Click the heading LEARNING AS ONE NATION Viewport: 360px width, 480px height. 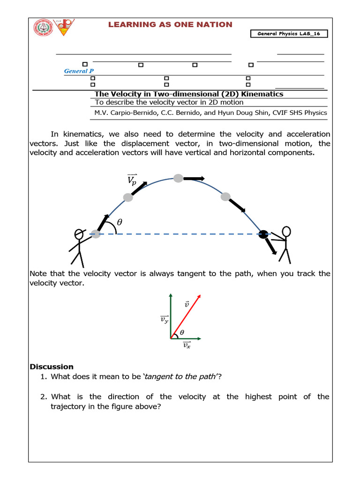click(170, 24)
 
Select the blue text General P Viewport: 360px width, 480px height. click(75, 71)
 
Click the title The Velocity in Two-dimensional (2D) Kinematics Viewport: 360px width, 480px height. click(189, 94)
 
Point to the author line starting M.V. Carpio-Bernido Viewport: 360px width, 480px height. click(210, 112)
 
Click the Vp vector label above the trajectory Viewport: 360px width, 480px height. click(132, 180)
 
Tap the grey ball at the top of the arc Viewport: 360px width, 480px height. click(178, 178)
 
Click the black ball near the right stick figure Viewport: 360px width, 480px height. click(264, 234)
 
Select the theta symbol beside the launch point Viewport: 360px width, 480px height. click(119, 223)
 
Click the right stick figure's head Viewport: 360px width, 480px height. click(286, 232)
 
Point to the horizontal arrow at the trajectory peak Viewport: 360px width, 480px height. click(194, 178)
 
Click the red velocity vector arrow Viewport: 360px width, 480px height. click(186, 316)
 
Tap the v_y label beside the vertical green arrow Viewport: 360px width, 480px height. click(165, 320)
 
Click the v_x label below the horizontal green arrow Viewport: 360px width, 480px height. click(186, 346)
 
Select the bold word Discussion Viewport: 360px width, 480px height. click(52, 367)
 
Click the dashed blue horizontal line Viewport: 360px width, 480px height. click(178, 234)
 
